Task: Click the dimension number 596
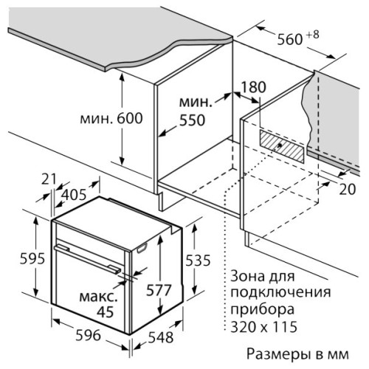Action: coord(88,335)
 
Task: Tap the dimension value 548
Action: coord(161,337)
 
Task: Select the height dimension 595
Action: coord(32,258)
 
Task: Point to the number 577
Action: coord(159,290)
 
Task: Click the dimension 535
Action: coord(198,261)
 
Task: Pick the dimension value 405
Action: coord(74,195)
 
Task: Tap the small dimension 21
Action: coord(49,179)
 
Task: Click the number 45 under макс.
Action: coord(106,312)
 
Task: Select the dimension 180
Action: coord(253,87)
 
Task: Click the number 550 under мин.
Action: coord(192,120)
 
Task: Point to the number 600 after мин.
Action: coord(130,118)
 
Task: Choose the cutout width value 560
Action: coord(290,39)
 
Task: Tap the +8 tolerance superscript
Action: coord(313,35)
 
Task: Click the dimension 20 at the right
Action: coord(348,189)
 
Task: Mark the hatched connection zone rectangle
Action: coord(282,146)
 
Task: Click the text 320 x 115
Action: coord(263,327)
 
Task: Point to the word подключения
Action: coord(280,293)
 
